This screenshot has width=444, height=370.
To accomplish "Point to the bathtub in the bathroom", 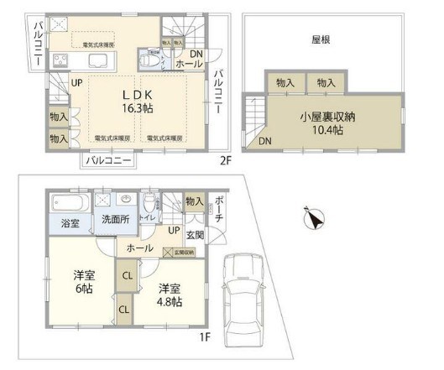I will pyautogui.click(x=70, y=204).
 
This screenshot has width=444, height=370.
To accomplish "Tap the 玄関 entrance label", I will pyautogui.click(x=193, y=234).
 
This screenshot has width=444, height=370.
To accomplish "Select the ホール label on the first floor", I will pyautogui.click(x=140, y=248).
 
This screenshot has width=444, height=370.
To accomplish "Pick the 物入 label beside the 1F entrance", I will pyautogui.click(x=194, y=201).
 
